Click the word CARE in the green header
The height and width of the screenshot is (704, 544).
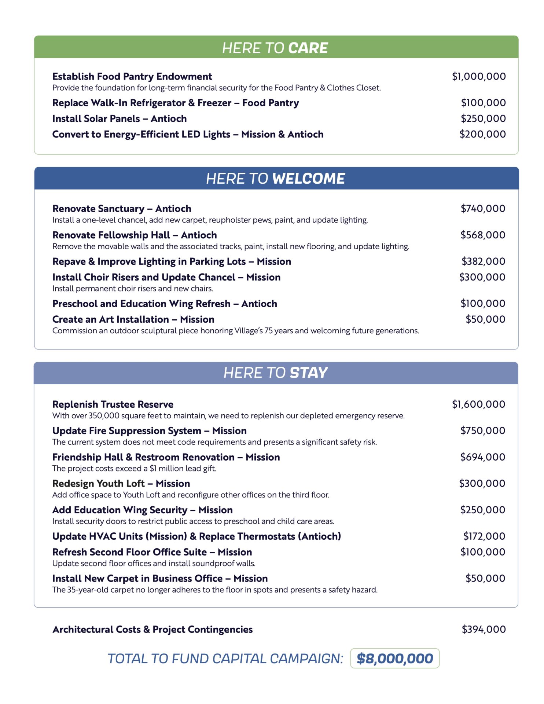point(308,48)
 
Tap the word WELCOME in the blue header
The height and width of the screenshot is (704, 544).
point(309,179)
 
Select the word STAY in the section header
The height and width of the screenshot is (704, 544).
point(309,373)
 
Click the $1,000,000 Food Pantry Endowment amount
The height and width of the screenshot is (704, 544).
point(479,76)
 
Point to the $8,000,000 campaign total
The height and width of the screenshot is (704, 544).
point(395,659)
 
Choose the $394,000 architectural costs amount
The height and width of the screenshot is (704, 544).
point(484,629)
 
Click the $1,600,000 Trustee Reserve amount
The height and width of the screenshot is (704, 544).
point(478,404)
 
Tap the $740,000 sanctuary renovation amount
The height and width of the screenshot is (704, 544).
point(483,208)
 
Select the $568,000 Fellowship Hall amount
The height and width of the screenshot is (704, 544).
point(483,235)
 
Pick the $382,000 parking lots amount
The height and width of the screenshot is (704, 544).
point(483,261)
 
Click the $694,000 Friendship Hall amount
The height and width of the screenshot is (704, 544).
point(483,457)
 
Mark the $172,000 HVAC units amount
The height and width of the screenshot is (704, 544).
point(484,536)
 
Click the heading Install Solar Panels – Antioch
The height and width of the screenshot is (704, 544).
point(120,118)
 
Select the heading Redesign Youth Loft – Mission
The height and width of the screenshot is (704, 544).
point(121,483)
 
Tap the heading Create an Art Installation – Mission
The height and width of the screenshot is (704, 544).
point(133,319)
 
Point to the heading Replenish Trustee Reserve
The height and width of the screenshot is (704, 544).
point(113,404)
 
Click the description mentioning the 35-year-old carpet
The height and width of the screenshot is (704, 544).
point(215,590)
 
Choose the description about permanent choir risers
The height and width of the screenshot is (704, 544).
point(133,288)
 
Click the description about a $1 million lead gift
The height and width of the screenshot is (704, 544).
point(134,468)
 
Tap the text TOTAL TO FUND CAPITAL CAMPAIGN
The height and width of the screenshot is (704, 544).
point(225,659)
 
